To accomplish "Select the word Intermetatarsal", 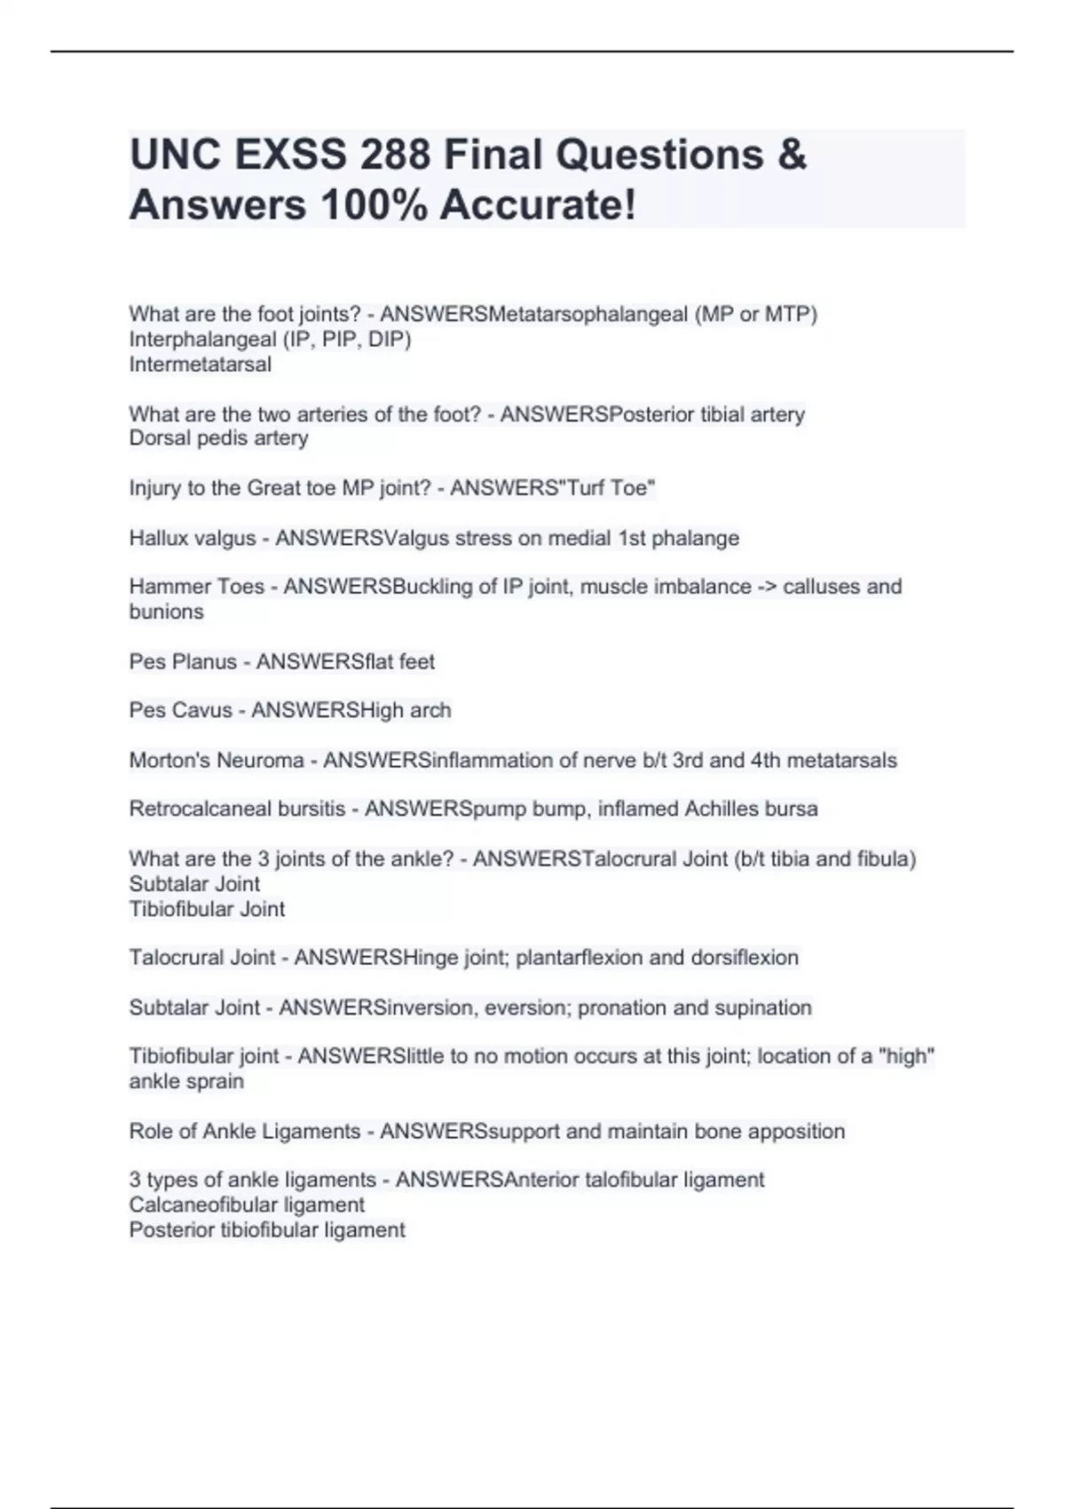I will pyautogui.click(x=201, y=364).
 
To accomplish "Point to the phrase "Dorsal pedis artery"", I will pyautogui.click(x=218, y=438).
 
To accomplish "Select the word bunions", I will pyautogui.click(x=166, y=612).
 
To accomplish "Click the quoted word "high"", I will pyautogui.click(x=906, y=1056).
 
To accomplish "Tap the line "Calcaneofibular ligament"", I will pyautogui.click(x=247, y=1205).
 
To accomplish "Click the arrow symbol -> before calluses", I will pyautogui.click(x=766, y=587).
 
